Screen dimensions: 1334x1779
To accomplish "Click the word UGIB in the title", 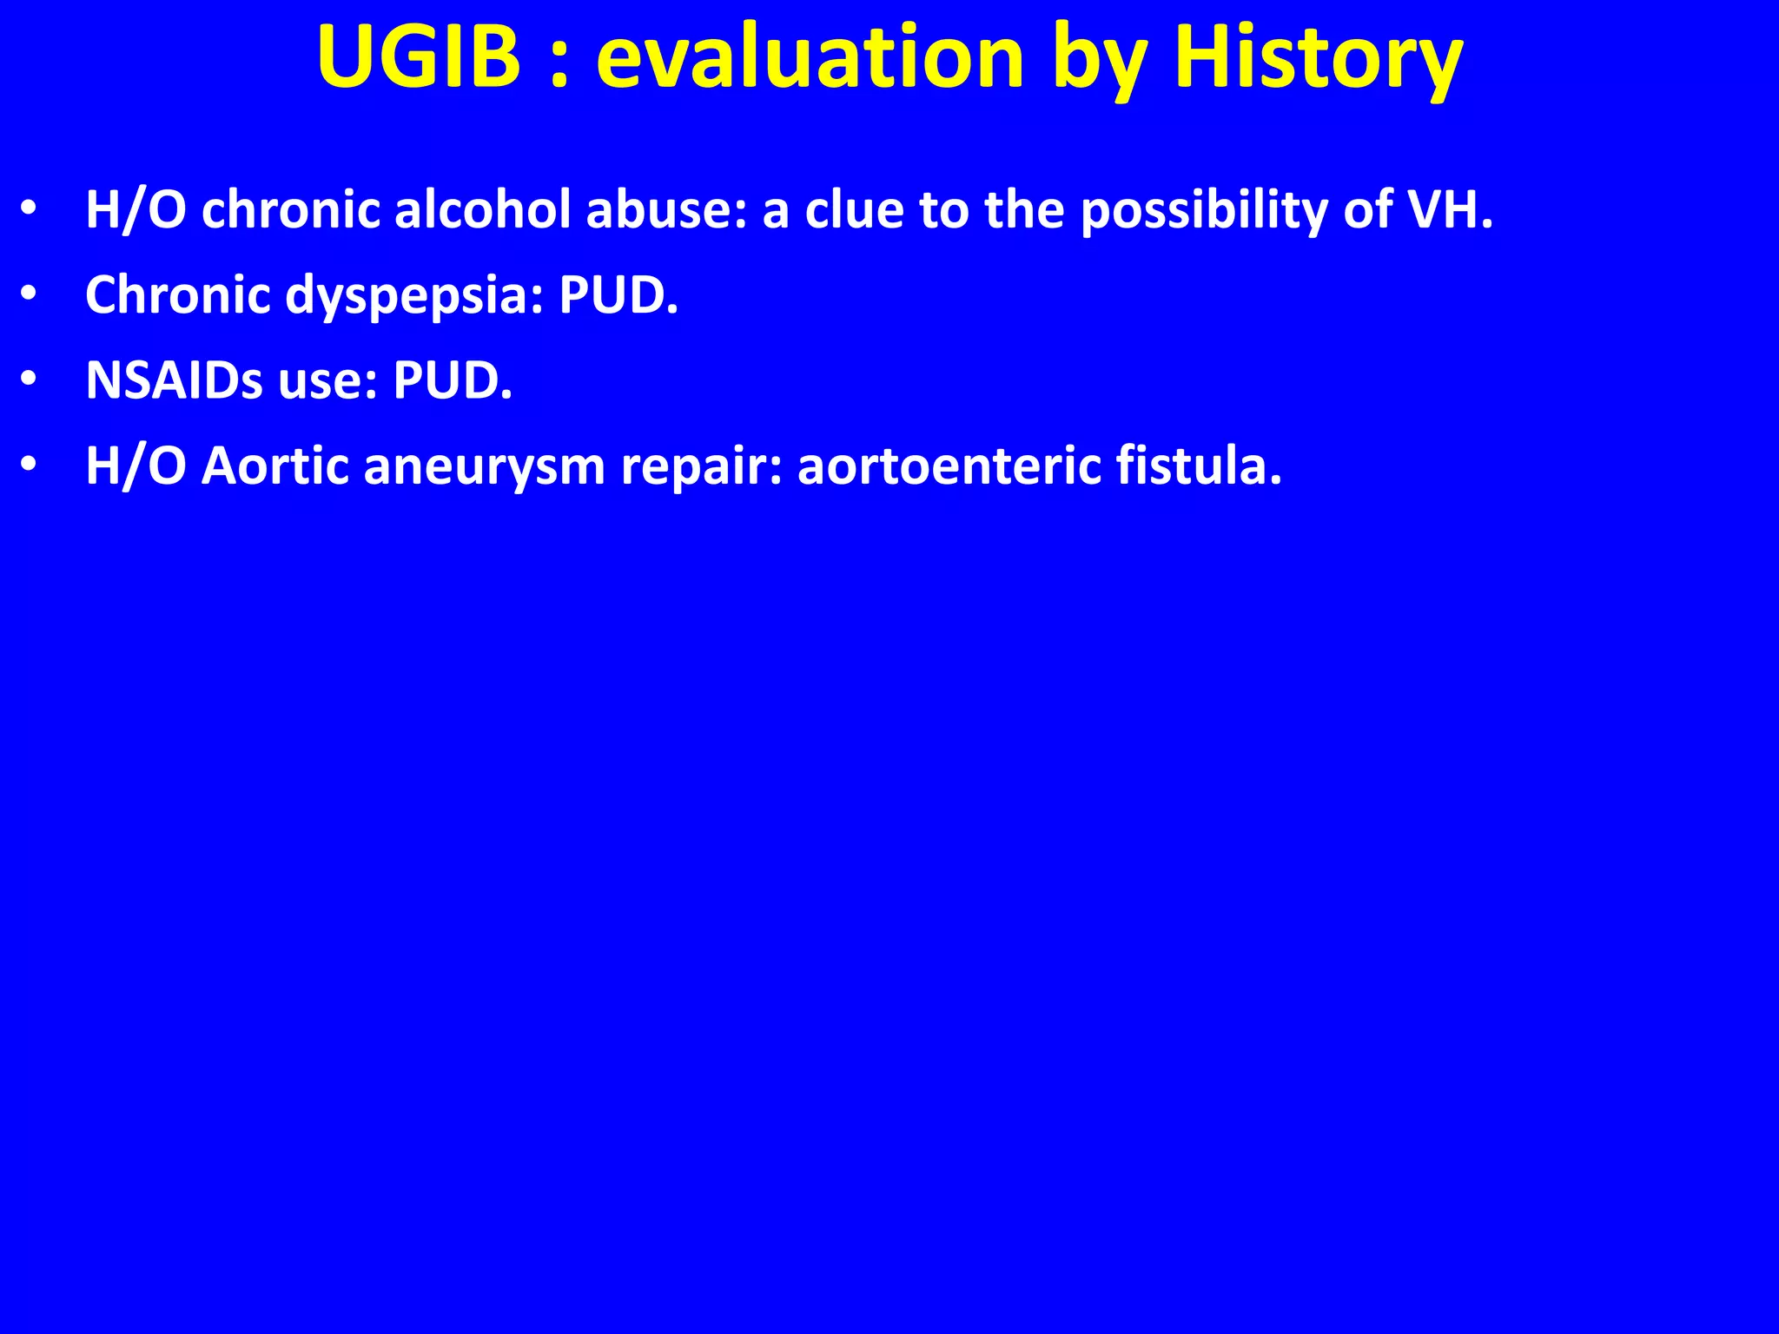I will tap(419, 57).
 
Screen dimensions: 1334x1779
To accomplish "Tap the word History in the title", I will tap(1318, 57).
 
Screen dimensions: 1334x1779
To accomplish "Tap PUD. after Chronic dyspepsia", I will tap(618, 295).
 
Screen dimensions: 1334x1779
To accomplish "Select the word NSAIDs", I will tap(174, 380).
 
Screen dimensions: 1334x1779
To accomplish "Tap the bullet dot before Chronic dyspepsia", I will tap(29, 295).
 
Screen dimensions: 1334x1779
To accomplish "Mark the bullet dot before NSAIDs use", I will tap(29, 380).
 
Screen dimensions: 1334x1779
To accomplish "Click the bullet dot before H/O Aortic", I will tap(29, 466).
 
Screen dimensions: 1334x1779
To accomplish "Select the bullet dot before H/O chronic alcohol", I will tap(29, 210).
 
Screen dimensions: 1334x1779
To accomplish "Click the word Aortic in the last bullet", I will tap(274, 466).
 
